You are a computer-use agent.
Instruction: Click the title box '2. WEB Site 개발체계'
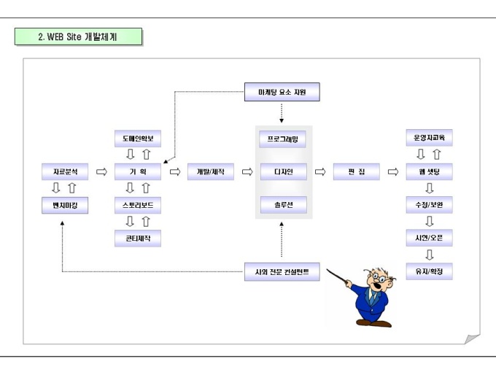coord(78,36)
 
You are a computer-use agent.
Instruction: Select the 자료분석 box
coord(65,173)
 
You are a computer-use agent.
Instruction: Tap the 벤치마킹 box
coord(65,206)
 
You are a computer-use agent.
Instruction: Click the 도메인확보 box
coord(137,139)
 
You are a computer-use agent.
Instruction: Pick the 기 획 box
coord(137,173)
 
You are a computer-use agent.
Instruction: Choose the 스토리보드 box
coord(137,206)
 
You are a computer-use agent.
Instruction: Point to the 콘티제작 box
coord(137,238)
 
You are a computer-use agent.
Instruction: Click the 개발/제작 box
coord(210,173)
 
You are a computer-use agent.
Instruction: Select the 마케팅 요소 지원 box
coord(282,93)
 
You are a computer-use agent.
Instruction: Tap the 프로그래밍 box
coord(282,139)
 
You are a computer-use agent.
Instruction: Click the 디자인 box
coord(282,173)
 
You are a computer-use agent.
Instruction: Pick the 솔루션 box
coord(282,206)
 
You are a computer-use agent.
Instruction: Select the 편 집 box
coord(356,173)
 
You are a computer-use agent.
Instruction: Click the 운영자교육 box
coord(429,139)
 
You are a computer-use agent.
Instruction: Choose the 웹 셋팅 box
coord(429,173)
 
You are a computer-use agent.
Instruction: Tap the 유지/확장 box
coord(429,271)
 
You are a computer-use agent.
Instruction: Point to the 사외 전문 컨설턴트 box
coord(282,273)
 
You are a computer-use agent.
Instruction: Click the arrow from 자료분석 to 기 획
coord(101,173)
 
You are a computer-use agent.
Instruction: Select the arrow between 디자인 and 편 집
coord(319,173)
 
